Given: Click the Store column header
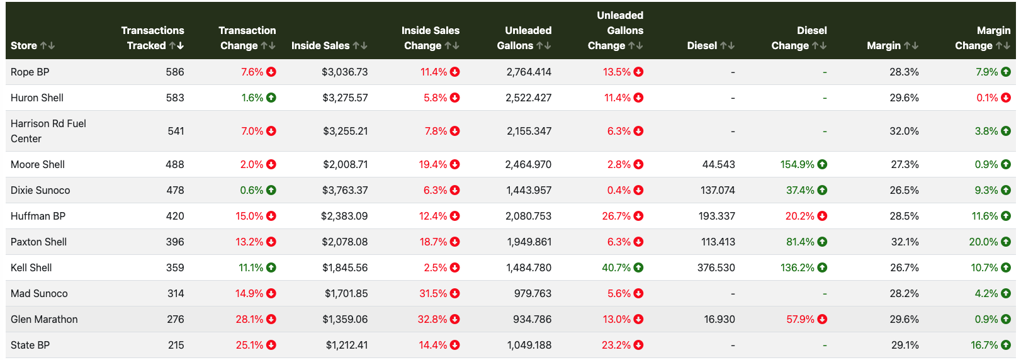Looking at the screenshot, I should coord(24,45).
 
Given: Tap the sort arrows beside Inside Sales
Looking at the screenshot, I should coord(360,45).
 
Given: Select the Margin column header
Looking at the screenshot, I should coord(884,45).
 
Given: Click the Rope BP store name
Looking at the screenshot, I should coord(30,72).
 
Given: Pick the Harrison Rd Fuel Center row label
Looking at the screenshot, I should coord(48,131).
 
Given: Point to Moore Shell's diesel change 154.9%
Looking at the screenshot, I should coord(797,164).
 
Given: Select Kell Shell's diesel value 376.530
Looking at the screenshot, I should coord(716,267).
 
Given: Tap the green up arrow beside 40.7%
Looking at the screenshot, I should coord(638,267).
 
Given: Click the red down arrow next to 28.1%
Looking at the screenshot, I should coord(271,319).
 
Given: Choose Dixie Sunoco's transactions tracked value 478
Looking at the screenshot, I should coord(174,190).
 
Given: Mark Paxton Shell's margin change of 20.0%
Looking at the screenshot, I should coord(983,242).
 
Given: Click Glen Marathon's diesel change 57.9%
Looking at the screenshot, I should coord(800,319).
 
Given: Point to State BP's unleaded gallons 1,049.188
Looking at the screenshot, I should coord(529,345).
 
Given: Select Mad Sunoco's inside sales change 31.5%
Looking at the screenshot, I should coord(433,293).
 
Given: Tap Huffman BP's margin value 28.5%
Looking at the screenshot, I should coord(904,216).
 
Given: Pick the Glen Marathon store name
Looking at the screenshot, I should coord(44,319).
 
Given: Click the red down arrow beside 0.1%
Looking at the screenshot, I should coord(1006,98).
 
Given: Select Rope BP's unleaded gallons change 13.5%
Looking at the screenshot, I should coord(616,72).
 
